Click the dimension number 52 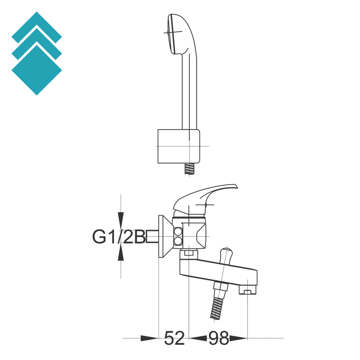tap(174, 338)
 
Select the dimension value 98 tap(218, 338)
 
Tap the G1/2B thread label tap(119, 237)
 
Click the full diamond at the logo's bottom tap(37, 70)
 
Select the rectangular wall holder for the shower tap(179, 146)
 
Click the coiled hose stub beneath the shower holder tap(190, 169)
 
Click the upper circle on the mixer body tap(179, 232)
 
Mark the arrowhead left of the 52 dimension tap(149, 338)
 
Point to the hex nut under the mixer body tap(189, 253)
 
